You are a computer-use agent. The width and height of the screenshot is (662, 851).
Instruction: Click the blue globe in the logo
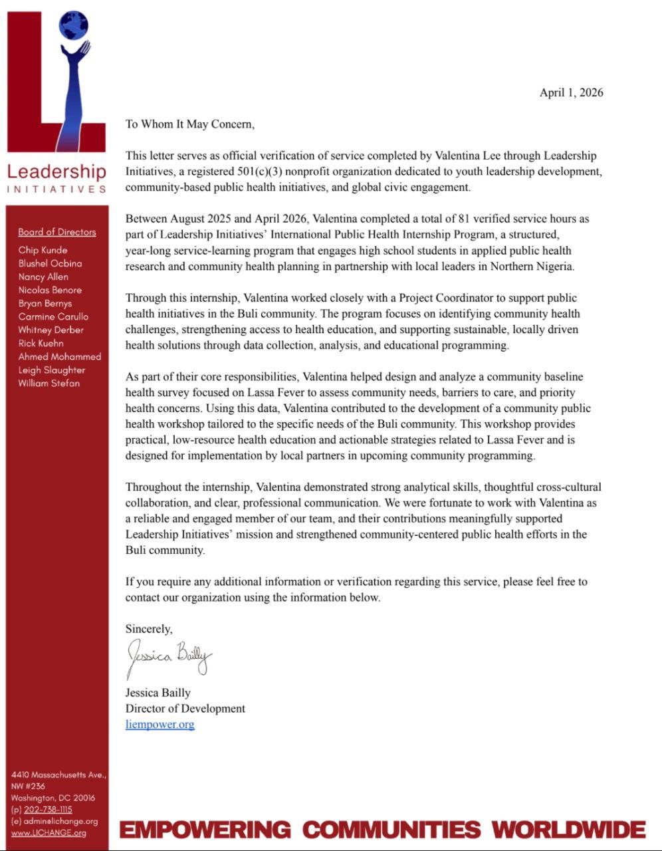click(74, 25)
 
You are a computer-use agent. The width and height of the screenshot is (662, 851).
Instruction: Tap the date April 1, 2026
click(571, 92)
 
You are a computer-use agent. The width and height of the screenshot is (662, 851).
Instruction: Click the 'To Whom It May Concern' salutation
click(189, 124)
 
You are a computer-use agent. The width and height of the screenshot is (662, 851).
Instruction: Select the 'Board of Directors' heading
click(57, 232)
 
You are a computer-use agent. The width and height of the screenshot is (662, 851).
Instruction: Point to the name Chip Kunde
click(43, 250)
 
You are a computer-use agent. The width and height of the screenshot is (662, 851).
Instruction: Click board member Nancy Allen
click(43, 277)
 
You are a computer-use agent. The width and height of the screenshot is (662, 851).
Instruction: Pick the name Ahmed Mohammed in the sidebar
click(60, 356)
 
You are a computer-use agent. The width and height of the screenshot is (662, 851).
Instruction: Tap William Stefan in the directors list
click(49, 383)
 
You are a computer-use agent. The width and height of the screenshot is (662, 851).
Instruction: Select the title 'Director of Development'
click(185, 709)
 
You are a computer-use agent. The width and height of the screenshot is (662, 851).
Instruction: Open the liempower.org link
click(160, 725)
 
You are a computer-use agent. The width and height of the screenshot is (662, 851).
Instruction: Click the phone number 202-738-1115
click(48, 810)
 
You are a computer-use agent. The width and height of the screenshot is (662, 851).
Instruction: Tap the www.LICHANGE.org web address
click(49, 833)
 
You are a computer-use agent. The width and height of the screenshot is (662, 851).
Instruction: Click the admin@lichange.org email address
click(60, 822)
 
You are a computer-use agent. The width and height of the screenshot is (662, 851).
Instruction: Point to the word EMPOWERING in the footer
click(205, 830)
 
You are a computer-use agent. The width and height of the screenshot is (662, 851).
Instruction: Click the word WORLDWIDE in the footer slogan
click(569, 830)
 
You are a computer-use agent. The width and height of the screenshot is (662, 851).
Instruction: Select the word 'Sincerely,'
click(149, 629)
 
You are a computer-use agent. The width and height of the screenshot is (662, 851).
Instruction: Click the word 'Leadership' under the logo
click(56, 172)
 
